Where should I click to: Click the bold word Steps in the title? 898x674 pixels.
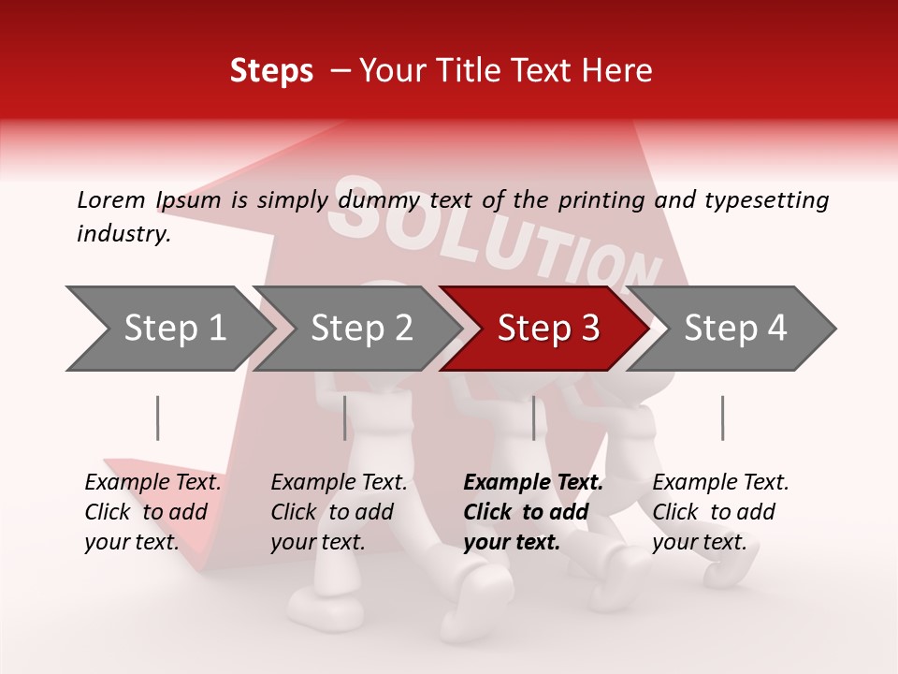click(271, 71)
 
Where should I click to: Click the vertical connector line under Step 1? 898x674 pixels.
click(157, 418)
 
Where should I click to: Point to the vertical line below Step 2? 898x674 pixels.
click(345, 418)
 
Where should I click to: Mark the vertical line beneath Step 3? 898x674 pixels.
click(534, 418)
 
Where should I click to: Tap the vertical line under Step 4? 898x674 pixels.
click(722, 418)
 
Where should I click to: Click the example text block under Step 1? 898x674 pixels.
click(152, 512)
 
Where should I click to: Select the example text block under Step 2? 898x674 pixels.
click(339, 512)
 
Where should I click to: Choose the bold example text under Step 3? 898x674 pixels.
click(533, 512)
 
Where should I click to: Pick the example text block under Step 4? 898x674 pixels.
click(720, 512)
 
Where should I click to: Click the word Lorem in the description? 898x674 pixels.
click(111, 199)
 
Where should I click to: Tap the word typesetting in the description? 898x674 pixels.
click(767, 199)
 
